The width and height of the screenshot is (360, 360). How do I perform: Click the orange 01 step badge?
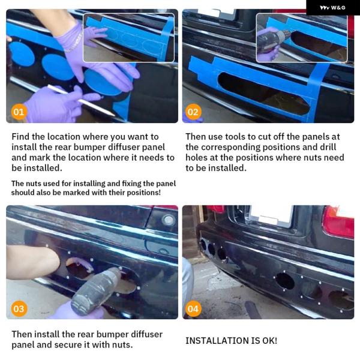pyautogui.click(x=19, y=112)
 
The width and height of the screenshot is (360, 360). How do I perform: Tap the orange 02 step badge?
pyautogui.click(x=193, y=112)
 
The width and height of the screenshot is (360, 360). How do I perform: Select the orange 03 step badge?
pyautogui.click(x=19, y=308)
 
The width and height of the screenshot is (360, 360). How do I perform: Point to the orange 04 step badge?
pyautogui.click(x=193, y=308)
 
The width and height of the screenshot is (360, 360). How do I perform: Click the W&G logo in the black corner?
pyautogui.click(x=332, y=8)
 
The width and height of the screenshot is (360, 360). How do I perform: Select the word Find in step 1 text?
pyautogui.click(x=20, y=137)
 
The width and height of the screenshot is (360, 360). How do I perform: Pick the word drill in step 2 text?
pyautogui.click(x=328, y=147)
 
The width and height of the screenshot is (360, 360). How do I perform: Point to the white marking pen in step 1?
pyautogui.click(x=81, y=100)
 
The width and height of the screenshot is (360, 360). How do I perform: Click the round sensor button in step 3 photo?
pyautogui.click(x=169, y=220)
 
